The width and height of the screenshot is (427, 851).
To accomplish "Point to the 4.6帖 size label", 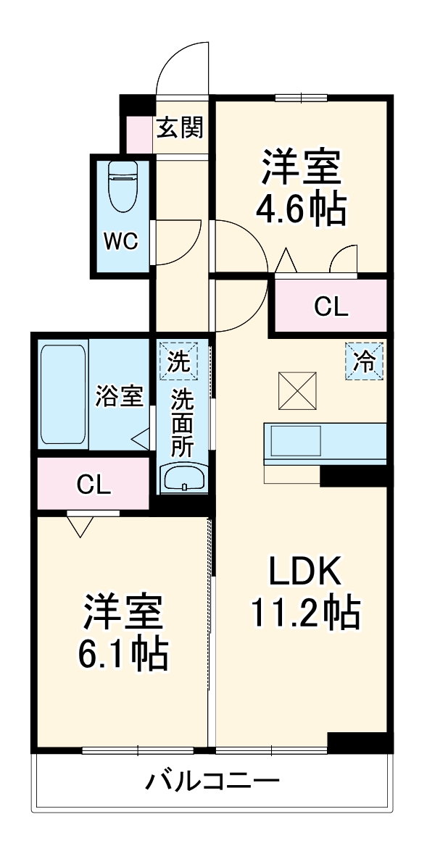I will pyautogui.click(x=299, y=209).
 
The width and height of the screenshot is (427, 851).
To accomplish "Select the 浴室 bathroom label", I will pyautogui.click(x=120, y=396).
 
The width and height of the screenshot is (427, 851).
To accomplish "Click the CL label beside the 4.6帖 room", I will pyautogui.click(x=331, y=308).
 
